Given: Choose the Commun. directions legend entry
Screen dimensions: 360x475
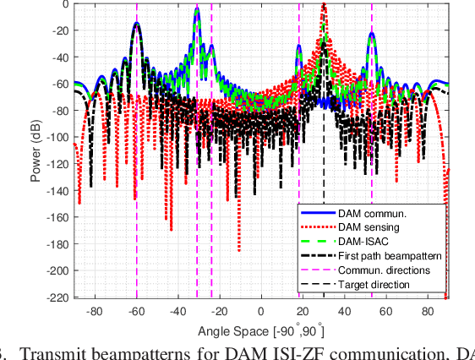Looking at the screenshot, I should click(x=384, y=270).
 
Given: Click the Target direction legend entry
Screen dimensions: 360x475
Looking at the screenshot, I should click(x=374, y=285).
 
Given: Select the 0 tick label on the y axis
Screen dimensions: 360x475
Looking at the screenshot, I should click(x=66, y=4).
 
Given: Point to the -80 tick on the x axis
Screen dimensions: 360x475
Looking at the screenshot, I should click(x=95, y=311).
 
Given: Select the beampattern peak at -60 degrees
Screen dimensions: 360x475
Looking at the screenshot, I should click(x=137, y=25).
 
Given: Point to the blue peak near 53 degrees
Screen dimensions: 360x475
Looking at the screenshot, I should click(x=372, y=34).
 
